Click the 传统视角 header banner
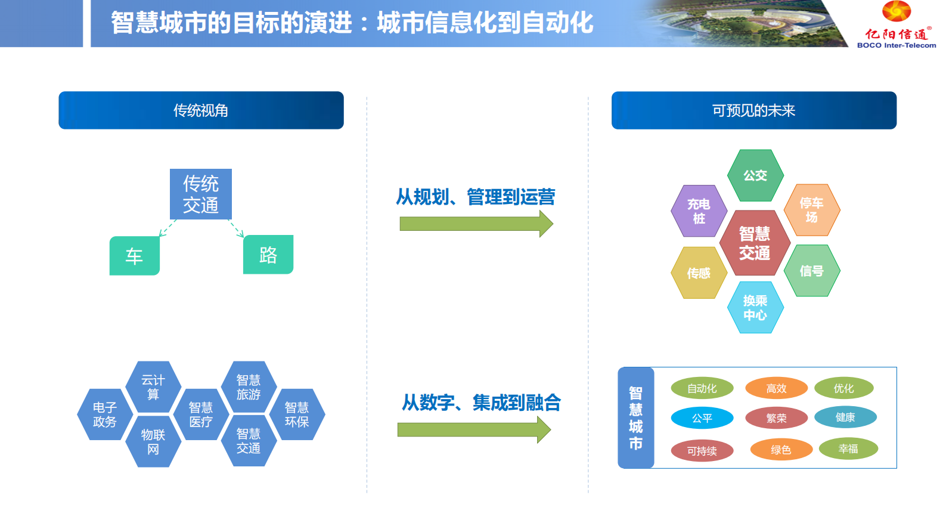tap(201, 110)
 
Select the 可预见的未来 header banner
tap(753, 110)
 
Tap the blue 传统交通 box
tap(201, 194)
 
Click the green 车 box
tap(134, 256)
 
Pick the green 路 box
tap(268, 255)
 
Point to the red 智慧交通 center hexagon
tap(755, 243)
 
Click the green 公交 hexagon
tap(755, 175)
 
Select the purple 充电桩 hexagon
tap(699, 211)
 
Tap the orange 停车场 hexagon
tap(811, 210)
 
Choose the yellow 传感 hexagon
tap(699, 273)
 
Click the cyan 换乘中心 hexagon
tap(755, 307)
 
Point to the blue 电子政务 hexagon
tap(105, 415)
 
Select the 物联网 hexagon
tap(153, 442)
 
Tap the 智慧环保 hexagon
tap(297, 415)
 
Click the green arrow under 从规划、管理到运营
tap(476, 224)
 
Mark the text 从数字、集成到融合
tap(481, 403)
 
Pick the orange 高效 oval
tap(776, 388)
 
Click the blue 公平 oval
tap(702, 418)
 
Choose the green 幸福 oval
tap(848, 449)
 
